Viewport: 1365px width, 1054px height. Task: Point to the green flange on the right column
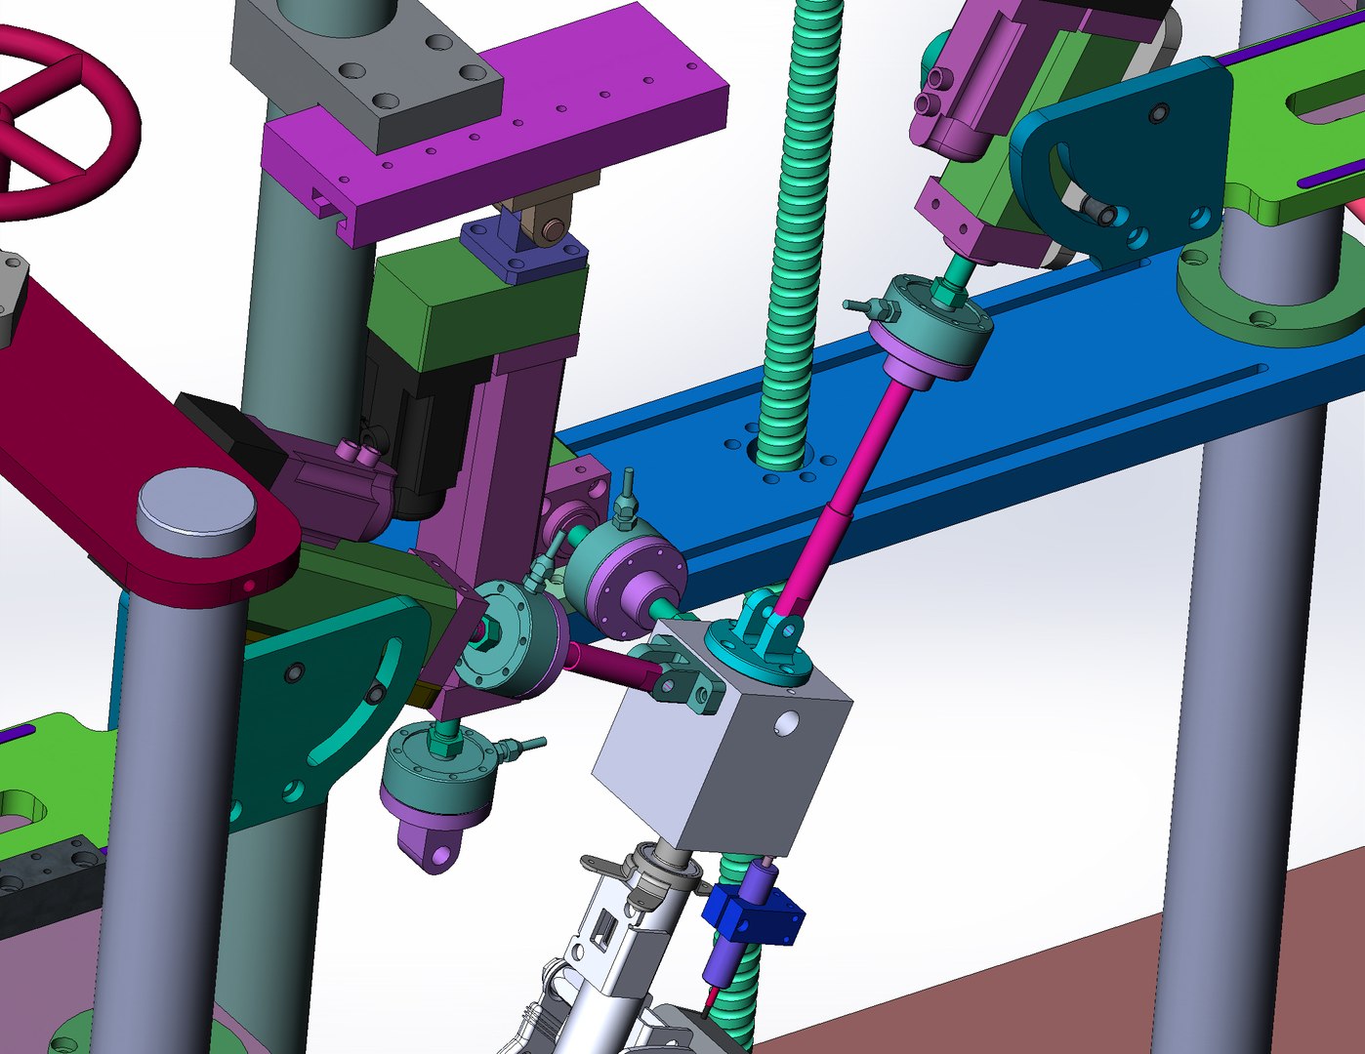pyautogui.click(x=1269, y=293)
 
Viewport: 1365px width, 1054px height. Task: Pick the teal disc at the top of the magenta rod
pyautogui.click(x=928, y=322)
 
